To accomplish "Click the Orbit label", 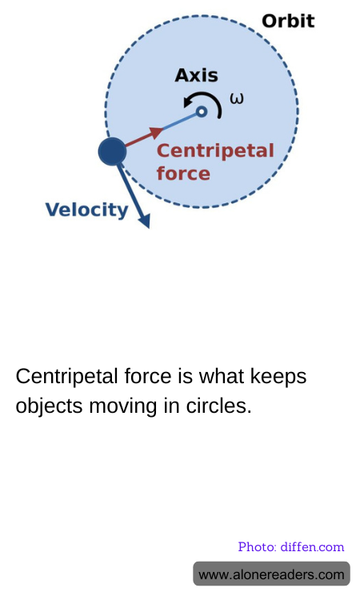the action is [288, 21].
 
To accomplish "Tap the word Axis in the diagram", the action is [196, 75].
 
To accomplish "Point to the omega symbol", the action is [237, 98].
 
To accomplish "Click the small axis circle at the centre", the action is [202, 112].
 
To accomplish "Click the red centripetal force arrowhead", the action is [156, 133].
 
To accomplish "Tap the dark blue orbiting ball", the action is [112, 151].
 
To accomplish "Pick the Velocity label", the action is [87, 210].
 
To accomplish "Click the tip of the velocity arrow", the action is [149, 228].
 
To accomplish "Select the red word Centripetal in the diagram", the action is [215, 150].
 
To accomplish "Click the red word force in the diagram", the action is [183, 174].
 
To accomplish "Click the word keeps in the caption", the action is [278, 377].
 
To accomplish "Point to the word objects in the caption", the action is [49, 406].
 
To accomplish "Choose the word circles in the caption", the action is [219, 406].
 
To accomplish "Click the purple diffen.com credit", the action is [312, 547].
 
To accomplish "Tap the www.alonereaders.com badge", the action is [271, 574].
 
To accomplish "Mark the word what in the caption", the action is [222, 376].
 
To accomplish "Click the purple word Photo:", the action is [258, 547].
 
